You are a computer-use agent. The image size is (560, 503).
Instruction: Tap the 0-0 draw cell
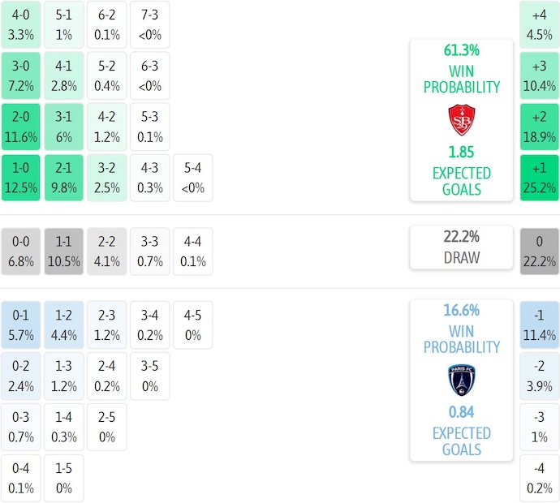21,251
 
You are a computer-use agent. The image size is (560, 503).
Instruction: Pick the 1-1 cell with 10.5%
64,251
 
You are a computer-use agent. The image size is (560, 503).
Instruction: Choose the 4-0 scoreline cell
21,24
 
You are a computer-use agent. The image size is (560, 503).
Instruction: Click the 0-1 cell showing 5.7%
21,325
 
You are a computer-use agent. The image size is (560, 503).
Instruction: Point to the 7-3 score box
149,24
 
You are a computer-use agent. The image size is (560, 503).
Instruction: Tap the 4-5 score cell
192,325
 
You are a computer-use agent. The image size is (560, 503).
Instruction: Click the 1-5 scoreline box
64,479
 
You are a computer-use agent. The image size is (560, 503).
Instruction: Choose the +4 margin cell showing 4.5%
540,24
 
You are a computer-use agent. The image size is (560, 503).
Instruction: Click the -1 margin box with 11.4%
540,325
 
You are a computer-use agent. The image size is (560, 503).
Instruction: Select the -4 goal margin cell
540,479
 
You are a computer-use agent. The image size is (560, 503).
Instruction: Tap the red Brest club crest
462,120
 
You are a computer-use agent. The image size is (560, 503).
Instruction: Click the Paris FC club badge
462,380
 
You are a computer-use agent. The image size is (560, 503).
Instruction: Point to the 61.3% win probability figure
462,50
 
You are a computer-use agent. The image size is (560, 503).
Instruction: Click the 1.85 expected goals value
462,153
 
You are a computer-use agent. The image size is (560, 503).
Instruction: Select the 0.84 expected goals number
462,412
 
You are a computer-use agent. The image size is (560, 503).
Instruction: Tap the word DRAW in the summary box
462,258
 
